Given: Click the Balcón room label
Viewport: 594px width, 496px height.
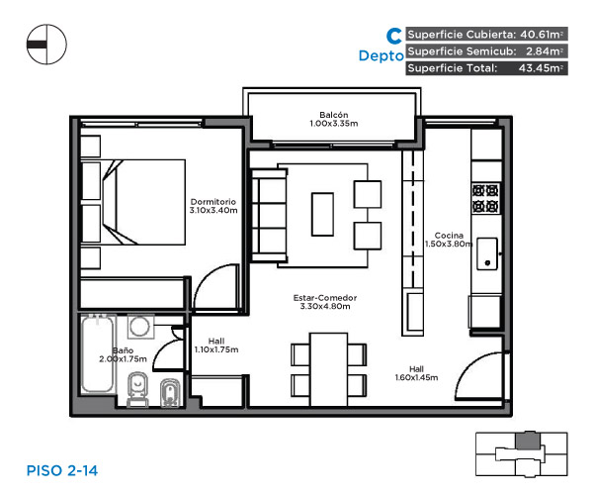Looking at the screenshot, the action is [334, 115].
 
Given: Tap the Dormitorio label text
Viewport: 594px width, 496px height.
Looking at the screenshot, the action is [212, 202].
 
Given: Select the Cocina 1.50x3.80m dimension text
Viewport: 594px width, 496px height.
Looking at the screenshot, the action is [449, 244].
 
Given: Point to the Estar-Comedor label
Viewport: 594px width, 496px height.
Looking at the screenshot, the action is [325, 298].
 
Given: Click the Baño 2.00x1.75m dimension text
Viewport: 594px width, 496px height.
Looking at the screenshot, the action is [123, 359].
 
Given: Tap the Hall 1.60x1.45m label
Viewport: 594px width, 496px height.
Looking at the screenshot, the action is [416, 373].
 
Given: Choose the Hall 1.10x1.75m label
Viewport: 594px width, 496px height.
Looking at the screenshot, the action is [216, 346].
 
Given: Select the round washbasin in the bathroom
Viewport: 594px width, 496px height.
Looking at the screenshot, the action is [140, 326].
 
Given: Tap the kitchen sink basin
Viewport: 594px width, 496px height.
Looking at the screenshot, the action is [487, 253].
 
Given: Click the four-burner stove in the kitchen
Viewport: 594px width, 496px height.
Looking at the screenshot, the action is [485, 198].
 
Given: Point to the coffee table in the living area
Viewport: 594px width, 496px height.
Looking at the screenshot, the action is [322, 215].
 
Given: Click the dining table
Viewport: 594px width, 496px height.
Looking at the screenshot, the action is [328, 369].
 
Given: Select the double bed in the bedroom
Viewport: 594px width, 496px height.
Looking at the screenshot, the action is [143, 202].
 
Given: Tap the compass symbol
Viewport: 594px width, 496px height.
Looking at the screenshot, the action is [46, 45].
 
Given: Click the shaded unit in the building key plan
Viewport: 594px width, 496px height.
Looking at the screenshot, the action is [528, 441].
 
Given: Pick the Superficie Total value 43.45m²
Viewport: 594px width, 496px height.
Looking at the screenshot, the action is [541, 68].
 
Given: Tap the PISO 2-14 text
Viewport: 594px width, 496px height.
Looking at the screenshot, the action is [62, 471].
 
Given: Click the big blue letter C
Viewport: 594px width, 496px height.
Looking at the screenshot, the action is [394, 36].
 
